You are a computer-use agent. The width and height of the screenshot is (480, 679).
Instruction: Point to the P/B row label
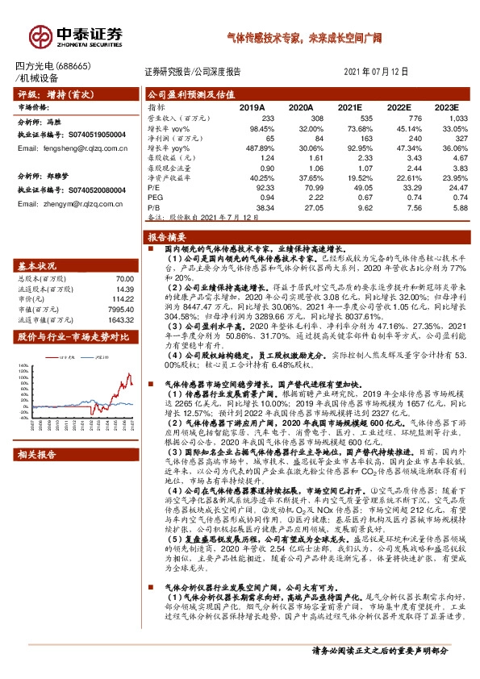click(154, 206)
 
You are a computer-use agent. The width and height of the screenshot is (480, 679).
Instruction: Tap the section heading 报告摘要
click(166, 238)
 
